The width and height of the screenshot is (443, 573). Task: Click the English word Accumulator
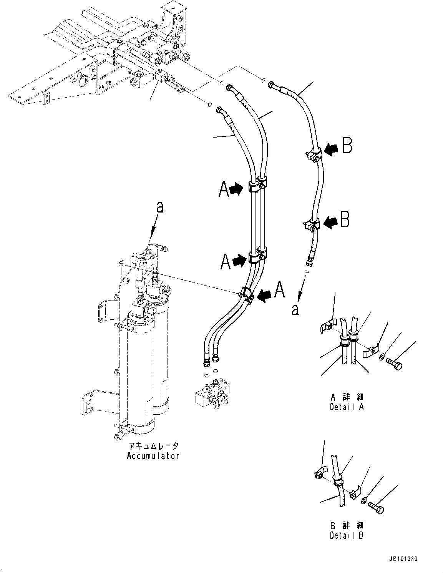[153, 456]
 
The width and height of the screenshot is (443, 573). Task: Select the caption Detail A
[347, 407]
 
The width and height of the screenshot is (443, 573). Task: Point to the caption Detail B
[347, 535]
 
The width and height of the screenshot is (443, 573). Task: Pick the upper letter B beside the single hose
[347, 146]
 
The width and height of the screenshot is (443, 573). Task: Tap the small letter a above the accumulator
[160, 208]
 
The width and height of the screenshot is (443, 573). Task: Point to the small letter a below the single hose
[295, 309]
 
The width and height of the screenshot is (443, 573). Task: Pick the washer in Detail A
[381, 357]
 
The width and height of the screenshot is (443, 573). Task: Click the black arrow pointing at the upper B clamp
[330, 148]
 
